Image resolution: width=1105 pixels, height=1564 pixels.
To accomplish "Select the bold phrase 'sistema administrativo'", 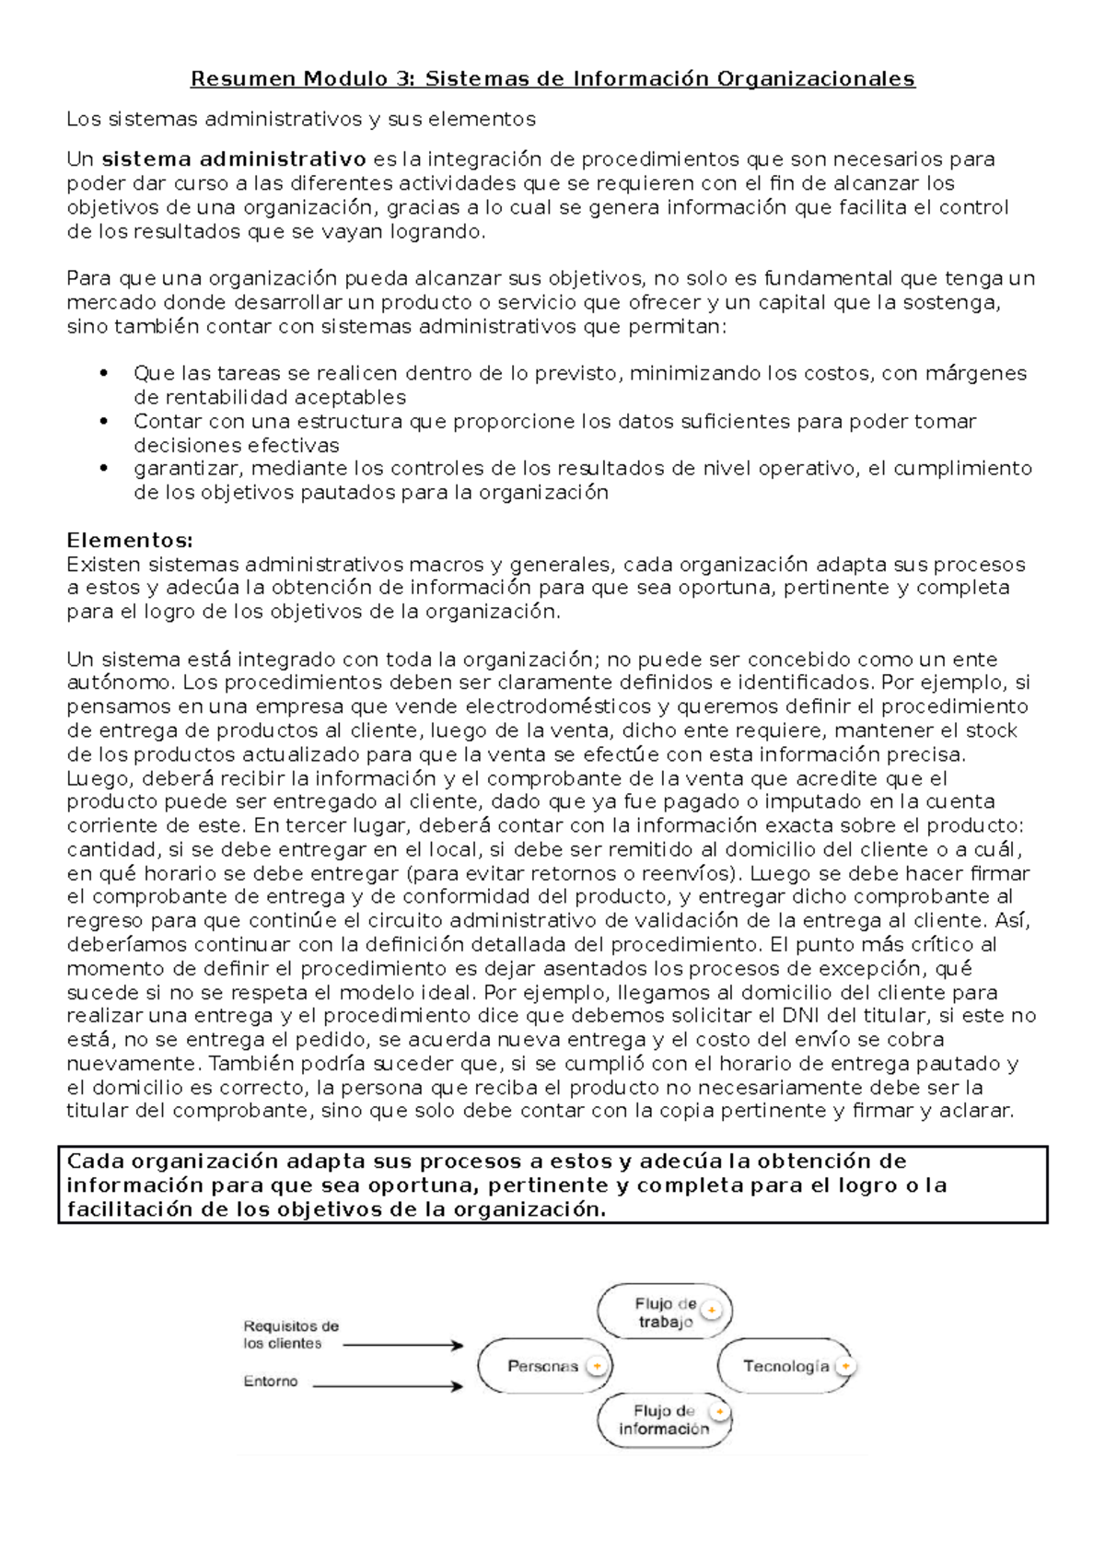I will (x=234, y=159).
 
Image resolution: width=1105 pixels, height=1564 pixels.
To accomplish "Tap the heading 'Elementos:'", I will (x=130, y=541).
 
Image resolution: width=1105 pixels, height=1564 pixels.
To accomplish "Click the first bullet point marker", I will (x=104, y=373).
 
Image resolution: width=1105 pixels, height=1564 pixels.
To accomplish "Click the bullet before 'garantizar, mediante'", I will (x=104, y=468).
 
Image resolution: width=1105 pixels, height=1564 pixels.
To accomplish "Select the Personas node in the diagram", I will (x=543, y=1366).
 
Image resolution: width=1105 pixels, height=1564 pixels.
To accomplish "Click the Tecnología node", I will (x=785, y=1366).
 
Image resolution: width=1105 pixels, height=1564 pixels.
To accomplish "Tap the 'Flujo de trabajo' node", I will (x=664, y=1313).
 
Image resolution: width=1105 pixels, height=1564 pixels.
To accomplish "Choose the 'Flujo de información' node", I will (x=664, y=1419).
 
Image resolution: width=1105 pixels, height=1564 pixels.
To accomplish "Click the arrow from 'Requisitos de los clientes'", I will (x=402, y=1346).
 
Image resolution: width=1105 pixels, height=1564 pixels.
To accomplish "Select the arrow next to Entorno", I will (x=387, y=1385).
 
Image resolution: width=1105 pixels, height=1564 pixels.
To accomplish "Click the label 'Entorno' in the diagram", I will (x=271, y=1382).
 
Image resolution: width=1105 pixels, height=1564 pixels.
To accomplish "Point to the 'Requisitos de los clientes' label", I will (x=290, y=1335).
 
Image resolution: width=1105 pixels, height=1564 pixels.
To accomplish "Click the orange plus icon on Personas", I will (x=597, y=1366).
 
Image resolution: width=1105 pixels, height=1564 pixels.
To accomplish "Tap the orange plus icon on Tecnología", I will (x=845, y=1366).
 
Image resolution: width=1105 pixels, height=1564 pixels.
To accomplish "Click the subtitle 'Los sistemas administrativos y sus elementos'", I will (x=301, y=120).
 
